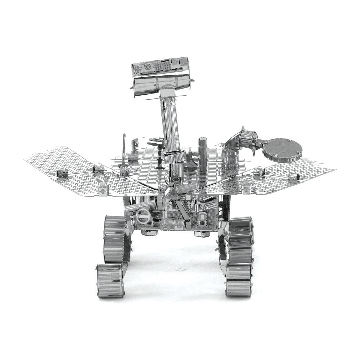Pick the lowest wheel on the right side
pyautogui.click(x=239, y=280)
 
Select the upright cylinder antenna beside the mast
pyautogui.click(x=202, y=155)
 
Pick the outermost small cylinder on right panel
pyautogui.click(x=293, y=176)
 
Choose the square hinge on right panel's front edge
pyautogui.click(x=245, y=188)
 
